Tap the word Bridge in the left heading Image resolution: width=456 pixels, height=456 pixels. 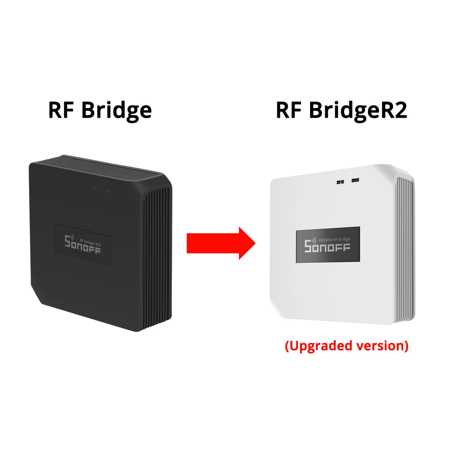tap(116, 110)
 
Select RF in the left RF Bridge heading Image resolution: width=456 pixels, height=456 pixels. tap(62, 110)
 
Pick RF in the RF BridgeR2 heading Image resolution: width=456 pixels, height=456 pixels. tap(289, 110)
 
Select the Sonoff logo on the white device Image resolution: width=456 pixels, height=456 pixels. tap(327, 247)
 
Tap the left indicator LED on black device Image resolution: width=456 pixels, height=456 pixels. tap(94, 187)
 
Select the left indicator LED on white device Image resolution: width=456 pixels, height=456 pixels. tap(340, 181)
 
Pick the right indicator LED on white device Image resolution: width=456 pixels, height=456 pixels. tap(354, 181)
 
